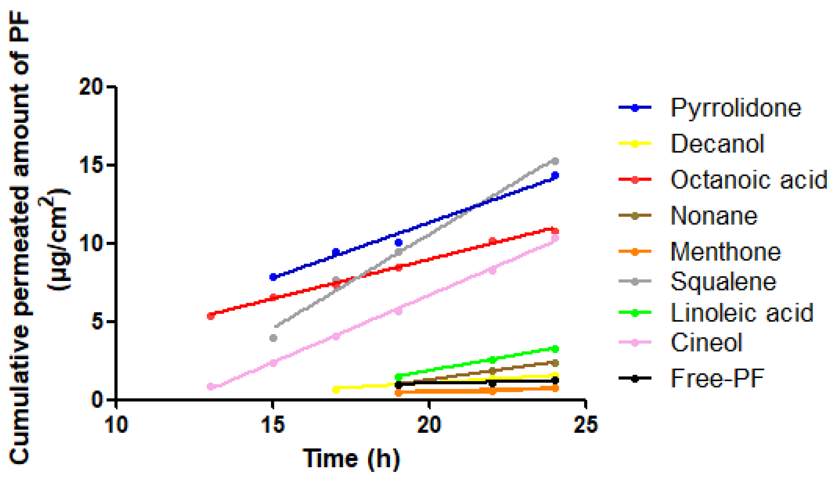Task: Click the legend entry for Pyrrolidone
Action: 735,108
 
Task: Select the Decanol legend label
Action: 717,144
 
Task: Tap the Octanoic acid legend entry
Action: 749,179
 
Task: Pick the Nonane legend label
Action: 714,216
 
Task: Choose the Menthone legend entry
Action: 726,252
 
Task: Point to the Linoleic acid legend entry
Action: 742,313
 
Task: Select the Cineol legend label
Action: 706,342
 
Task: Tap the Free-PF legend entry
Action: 717,378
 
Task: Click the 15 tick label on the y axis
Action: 90,165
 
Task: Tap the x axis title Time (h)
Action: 351,458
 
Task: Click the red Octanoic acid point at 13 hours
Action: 211,316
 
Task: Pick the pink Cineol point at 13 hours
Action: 211,387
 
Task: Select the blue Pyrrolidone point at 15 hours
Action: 273,277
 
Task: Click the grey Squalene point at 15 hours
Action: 273,338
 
